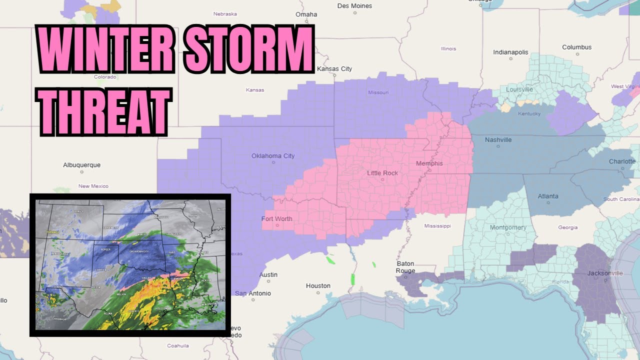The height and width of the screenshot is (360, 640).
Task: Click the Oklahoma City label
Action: tap(273, 156)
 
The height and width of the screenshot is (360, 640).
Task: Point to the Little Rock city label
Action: tap(382, 173)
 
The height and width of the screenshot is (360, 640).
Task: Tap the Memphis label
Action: tap(429, 163)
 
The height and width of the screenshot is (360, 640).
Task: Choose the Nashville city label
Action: tap(498, 140)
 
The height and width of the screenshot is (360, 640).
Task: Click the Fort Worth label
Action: tap(276, 219)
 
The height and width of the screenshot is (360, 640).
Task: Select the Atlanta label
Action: tap(548, 196)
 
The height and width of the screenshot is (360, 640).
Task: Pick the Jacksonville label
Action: tap(605, 273)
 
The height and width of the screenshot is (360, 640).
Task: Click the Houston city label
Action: tap(318, 286)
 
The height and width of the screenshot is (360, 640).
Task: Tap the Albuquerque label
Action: tap(81, 165)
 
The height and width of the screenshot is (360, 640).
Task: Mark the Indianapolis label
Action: tap(510, 52)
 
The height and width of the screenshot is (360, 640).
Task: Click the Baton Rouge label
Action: tap(405, 267)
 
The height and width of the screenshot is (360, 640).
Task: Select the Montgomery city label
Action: tap(508, 227)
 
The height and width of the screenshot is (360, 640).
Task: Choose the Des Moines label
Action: tap(354, 6)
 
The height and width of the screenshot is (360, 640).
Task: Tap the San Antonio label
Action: tap(253, 293)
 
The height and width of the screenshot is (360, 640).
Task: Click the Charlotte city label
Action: tap(622, 161)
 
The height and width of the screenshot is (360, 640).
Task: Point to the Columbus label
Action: tap(576, 47)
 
